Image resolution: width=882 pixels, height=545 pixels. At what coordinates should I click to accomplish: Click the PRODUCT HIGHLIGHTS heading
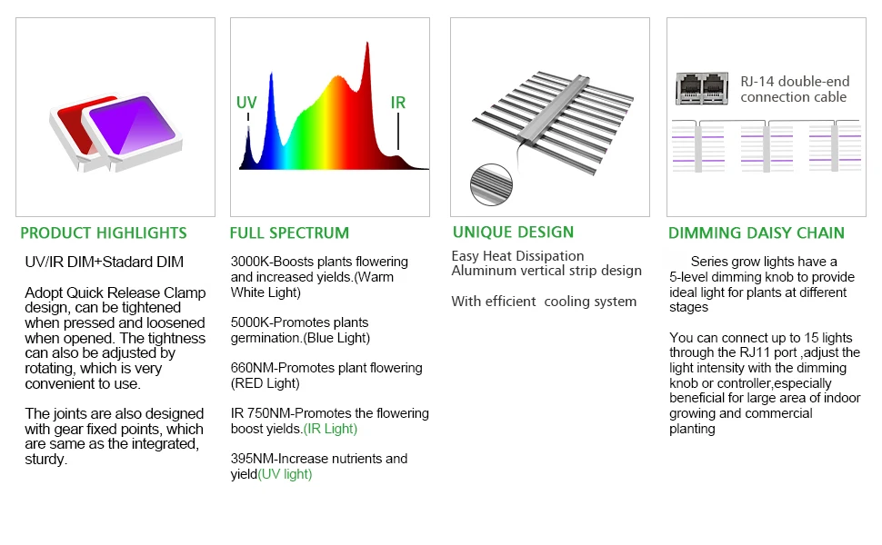[x=104, y=233]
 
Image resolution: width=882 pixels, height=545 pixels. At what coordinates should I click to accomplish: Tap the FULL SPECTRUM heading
[x=289, y=233]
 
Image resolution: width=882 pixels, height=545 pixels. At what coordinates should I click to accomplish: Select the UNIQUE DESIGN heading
[x=513, y=232]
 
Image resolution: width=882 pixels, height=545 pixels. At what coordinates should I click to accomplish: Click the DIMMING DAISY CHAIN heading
[x=756, y=233]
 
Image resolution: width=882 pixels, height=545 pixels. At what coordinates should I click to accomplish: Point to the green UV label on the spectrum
[x=246, y=103]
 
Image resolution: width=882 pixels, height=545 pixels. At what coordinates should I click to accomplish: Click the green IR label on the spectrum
[x=397, y=103]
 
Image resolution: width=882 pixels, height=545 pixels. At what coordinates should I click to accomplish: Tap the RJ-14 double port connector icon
[x=702, y=89]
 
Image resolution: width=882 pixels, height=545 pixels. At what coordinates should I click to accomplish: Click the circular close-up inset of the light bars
[x=491, y=184]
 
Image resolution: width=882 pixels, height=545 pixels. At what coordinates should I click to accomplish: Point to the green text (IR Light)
[x=330, y=429]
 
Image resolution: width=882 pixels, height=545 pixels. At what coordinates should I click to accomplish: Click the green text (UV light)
[x=285, y=474]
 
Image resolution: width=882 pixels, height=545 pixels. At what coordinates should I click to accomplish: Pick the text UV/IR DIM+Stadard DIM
[x=104, y=263]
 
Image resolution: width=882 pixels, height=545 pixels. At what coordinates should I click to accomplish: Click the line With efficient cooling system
[x=544, y=302]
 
